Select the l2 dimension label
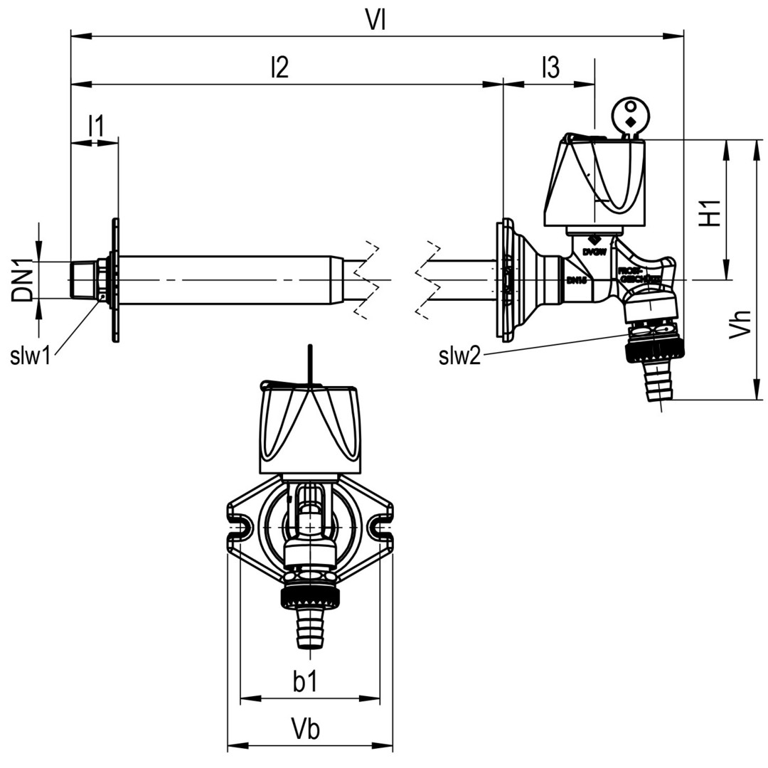tap(279, 68)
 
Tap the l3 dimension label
tap(550, 68)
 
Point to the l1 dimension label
tap(95, 126)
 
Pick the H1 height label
tap(710, 211)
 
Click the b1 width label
tap(305, 682)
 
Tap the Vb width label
tap(306, 729)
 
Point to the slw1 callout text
tap(31, 356)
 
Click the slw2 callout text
tap(459, 356)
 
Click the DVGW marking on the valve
tap(594, 252)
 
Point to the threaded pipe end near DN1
tap(86, 279)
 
